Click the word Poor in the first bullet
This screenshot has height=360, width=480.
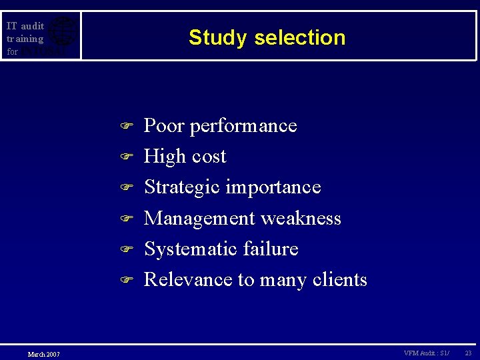[164, 125]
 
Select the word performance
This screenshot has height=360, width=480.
[243, 127]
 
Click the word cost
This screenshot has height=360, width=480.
[209, 157]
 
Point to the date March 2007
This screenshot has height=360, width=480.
[43, 353]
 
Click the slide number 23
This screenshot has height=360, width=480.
[468, 353]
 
